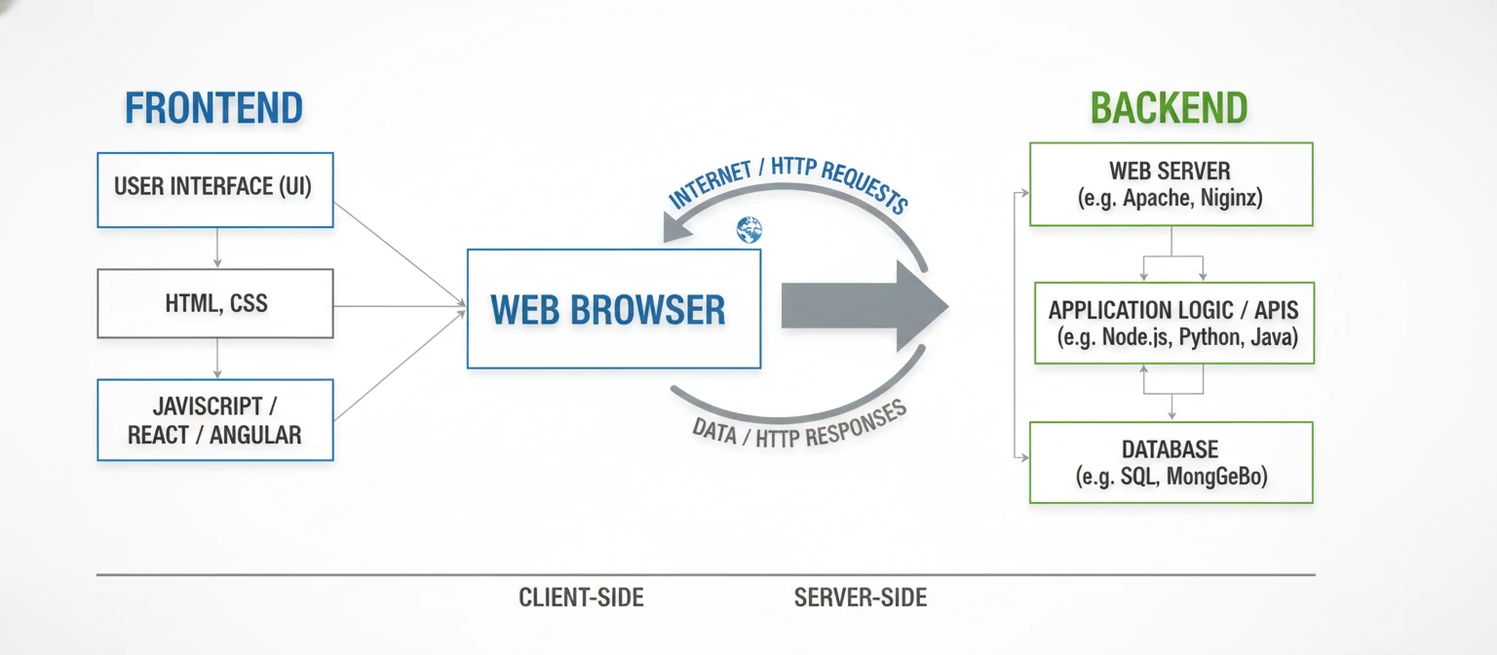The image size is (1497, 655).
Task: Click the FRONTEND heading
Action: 213,108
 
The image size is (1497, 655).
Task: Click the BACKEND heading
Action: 1169,108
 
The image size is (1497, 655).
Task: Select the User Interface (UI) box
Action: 214,189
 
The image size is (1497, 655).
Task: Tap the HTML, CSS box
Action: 214,303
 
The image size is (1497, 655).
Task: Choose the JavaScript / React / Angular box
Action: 214,420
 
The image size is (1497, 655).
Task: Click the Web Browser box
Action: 613,309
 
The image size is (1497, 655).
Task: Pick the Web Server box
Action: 1171,184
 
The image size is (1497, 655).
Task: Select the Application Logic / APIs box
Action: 1173,324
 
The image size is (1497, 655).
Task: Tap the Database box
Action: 1171,463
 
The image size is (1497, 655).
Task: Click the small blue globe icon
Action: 748,230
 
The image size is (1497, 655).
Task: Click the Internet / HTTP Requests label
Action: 787,184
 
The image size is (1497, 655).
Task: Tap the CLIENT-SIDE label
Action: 581,597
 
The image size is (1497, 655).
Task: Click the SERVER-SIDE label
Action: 861,597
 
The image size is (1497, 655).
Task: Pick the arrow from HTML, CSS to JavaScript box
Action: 217,359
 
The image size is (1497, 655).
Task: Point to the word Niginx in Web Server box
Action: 1231,199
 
